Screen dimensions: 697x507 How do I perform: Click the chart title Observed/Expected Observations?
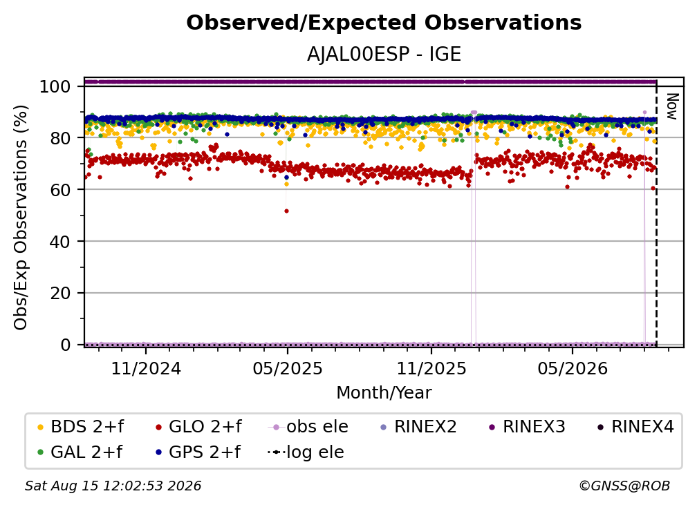coord(384,23)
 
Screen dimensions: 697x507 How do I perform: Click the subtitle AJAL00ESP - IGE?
coord(384,55)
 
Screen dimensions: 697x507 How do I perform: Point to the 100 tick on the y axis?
coord(55,86)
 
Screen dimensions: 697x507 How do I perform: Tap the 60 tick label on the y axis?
coord(60,190)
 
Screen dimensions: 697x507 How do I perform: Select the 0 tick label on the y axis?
coord(65,345)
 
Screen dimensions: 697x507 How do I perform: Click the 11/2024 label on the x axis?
coord(146,368)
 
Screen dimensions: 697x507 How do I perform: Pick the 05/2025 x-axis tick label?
coord(288,368)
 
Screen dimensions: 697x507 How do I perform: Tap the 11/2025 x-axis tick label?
coord(431,368)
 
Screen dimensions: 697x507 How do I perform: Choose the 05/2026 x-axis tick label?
coord(573,368)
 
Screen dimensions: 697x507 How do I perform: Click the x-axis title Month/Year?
coord(384,393)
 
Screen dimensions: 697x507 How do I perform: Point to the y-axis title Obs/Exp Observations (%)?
coord(21,218)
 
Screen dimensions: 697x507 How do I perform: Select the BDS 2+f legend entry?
coord(80,427)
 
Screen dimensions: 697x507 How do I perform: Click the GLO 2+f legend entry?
coord(198,427)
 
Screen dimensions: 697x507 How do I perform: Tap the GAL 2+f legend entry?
coord(80,452)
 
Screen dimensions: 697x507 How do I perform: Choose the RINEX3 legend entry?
coord(527,427)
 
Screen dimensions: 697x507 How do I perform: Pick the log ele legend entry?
coord(306,452)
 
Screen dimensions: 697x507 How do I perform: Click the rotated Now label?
coord(672,106)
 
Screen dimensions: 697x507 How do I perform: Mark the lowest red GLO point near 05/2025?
coord(287,211)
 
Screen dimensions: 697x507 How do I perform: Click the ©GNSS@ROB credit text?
coord(624,486)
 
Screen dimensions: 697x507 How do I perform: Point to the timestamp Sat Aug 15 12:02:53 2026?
coord(113,486)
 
